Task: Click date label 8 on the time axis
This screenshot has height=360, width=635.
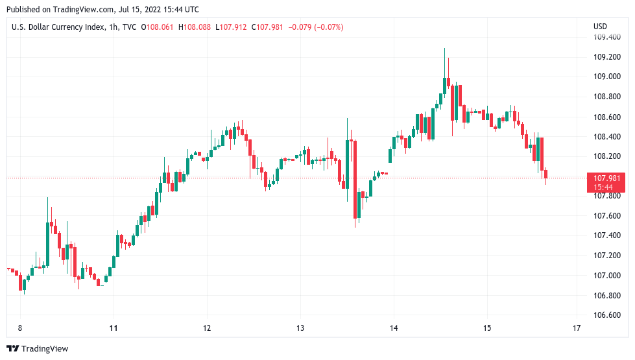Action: click(x=20, y=328)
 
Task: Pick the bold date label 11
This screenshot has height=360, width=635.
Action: click(x=114, y=328)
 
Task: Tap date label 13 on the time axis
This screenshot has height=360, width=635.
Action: click(x=300, y=328)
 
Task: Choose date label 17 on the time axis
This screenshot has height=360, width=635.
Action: click(x=577, y=328)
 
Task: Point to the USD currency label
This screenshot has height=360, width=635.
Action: click(x=600, y=27)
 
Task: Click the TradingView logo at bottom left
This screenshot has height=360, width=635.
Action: click(x=38, y=349)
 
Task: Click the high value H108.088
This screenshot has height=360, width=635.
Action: click(x=197, y=27)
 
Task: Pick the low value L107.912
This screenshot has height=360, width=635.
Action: click(x=233, y=27)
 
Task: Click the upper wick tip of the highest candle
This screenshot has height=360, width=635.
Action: click(x=445, y=48)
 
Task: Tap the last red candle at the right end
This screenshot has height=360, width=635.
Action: click(x=546, y=173)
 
